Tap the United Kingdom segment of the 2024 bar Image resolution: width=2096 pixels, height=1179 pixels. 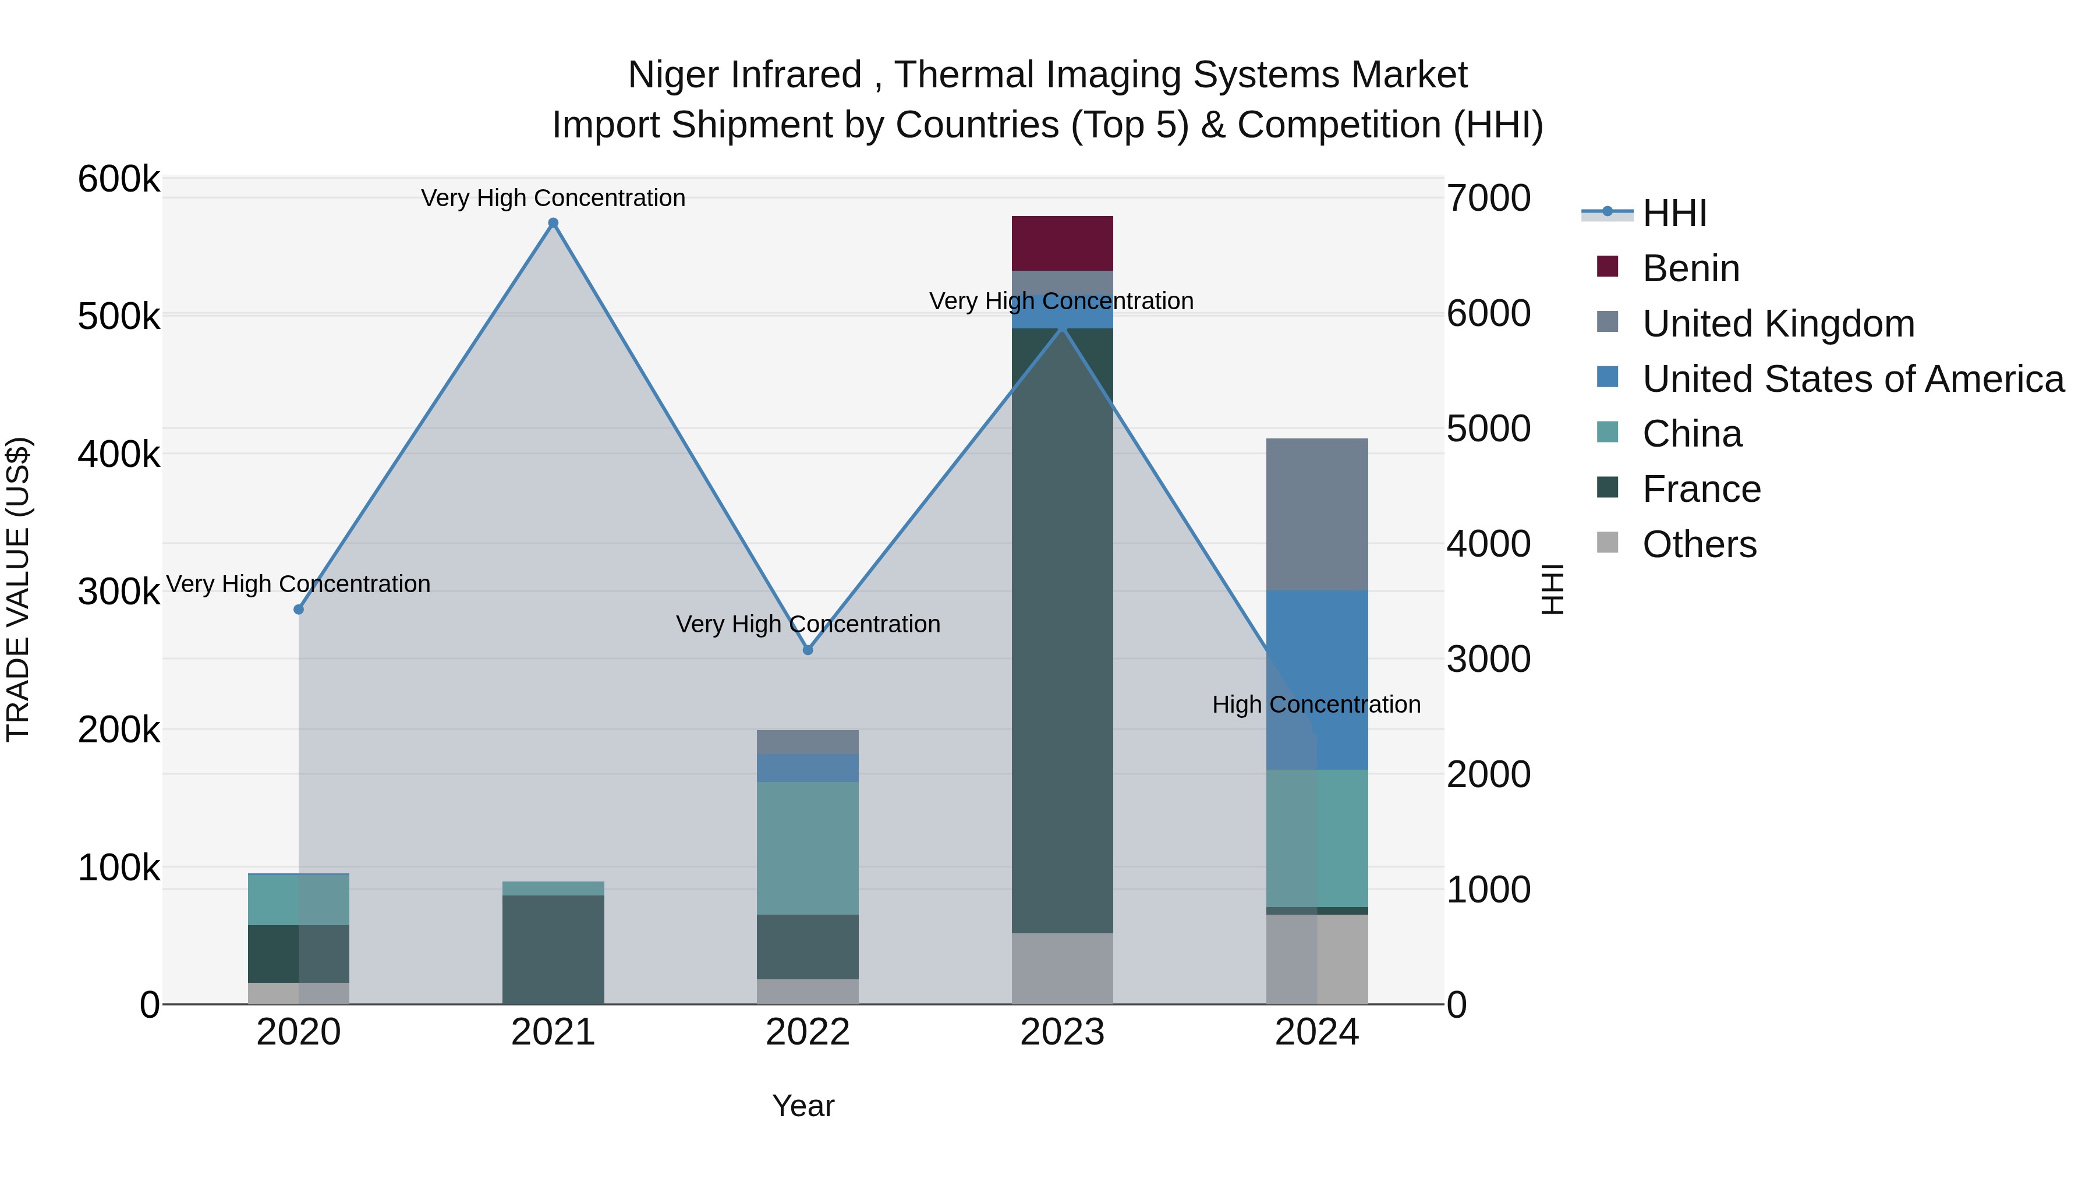[x=1316, y=514]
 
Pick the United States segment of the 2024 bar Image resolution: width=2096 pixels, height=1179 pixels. [x=1316, y=679]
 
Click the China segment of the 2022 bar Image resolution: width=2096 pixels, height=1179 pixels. [x=807, y=848]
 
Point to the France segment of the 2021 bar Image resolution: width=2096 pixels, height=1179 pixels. [x=553, y=949]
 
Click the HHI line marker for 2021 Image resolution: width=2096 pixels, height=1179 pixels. [x=553, y=223]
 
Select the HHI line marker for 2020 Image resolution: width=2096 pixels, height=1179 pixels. [x=299, y=610]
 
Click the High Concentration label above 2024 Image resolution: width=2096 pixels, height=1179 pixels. [x=1316, y=704]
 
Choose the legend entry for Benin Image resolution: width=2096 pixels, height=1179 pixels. [x=1691, y=268]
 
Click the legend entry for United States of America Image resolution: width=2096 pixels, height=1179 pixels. [x=1853, y=379]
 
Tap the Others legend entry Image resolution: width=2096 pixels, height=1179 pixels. [x=1699, y=544]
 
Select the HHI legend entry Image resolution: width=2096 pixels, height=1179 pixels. [x=1674, y=213]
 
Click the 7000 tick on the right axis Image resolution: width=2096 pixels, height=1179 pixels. [x=1488, y=198]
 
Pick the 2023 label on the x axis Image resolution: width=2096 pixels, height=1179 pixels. [x=1062, y=1032]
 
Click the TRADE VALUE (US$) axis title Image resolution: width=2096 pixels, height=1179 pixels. [x=18, y=589]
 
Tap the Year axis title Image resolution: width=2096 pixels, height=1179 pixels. [x=803, y=1106]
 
